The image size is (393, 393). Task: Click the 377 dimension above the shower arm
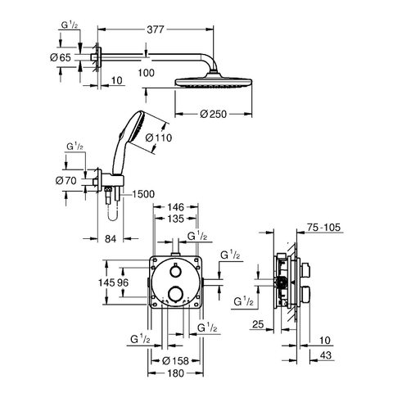[156, 29]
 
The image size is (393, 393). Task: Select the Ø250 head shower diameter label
[213, 114]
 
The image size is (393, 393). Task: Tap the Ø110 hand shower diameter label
[159, 138]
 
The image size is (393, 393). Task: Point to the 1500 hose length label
[143, 194]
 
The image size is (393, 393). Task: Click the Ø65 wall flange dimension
[61, 57]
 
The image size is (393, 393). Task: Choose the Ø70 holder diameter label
[66, 180]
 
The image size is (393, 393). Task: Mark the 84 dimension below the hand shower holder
[111, 239]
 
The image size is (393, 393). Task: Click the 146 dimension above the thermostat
[176, 207]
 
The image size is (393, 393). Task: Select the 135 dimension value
[176, 219]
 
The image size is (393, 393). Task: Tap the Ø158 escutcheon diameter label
[175, 361]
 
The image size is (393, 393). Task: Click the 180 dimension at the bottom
[176, 373]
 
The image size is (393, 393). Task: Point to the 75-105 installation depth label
[323, 227]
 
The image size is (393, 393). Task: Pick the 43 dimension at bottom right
[326, 355]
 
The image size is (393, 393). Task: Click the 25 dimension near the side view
[258, 324]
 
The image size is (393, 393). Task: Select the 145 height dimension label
[106, 282]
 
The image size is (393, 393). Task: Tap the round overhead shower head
[214, 81]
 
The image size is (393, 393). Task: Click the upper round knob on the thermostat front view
[174, 271]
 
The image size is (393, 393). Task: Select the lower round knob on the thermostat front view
[174, 293]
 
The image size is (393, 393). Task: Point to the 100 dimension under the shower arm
[146, 73]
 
